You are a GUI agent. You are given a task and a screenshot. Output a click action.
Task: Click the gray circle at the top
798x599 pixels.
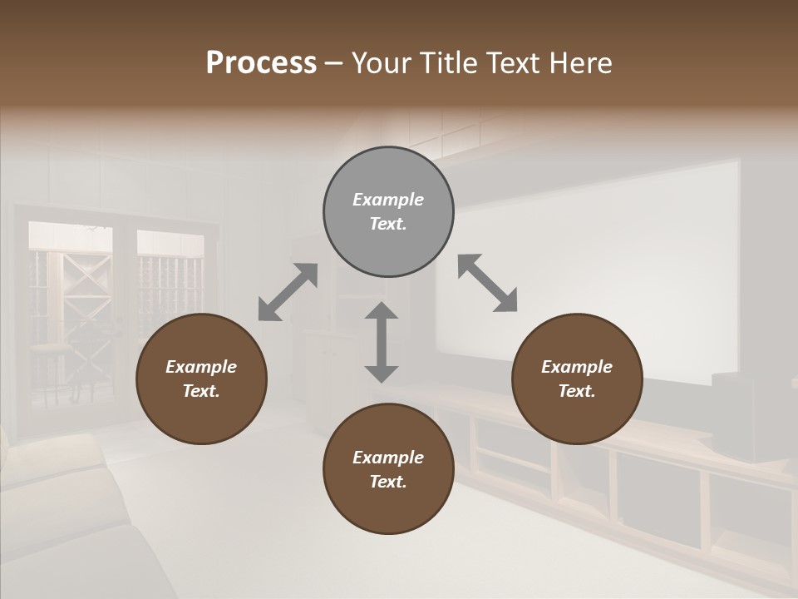(x=388, y=211)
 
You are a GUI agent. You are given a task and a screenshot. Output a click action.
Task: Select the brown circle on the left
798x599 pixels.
(x=201, y=379)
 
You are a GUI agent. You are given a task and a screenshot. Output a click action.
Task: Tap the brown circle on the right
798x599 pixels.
(x=577, y=379)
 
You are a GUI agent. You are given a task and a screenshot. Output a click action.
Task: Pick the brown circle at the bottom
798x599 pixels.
(x=388, y=469)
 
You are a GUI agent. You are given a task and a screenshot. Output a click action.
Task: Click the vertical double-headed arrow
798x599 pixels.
(x=382, y=342)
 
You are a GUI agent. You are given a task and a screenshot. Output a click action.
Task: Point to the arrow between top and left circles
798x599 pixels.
(x=288, y=291)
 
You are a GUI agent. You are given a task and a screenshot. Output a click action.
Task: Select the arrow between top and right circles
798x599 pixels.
(x=487, y=283)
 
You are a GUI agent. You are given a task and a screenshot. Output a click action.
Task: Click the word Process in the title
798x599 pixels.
(x=261, y=62)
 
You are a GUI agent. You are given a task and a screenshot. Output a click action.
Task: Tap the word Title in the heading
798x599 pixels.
(x=448, y=62)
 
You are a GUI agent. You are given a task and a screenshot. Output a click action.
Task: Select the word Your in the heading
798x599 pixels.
(x=382, y=62)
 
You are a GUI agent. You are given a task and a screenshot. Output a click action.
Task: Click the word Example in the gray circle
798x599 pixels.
(x=388, y=200)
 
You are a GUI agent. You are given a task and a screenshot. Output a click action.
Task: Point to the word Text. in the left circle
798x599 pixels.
(x=201, y=391)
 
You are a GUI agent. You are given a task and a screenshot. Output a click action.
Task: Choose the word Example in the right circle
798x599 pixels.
(x=577, y=367)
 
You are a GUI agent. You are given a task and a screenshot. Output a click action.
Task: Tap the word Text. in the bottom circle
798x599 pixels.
(x=388, y=482)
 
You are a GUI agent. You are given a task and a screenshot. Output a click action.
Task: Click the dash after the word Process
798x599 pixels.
(x=333, y=63)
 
